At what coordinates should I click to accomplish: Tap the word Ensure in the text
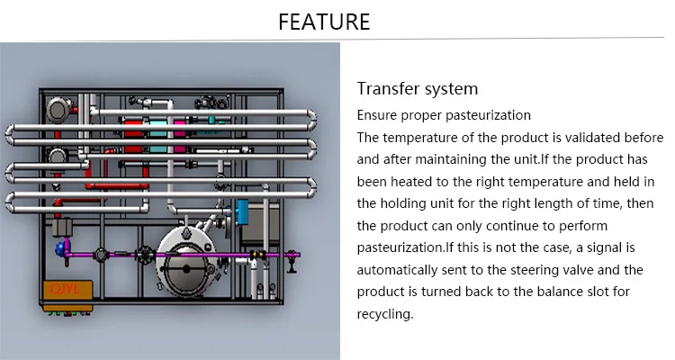[379, 115]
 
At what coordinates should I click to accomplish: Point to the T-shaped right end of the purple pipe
[290, 259]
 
